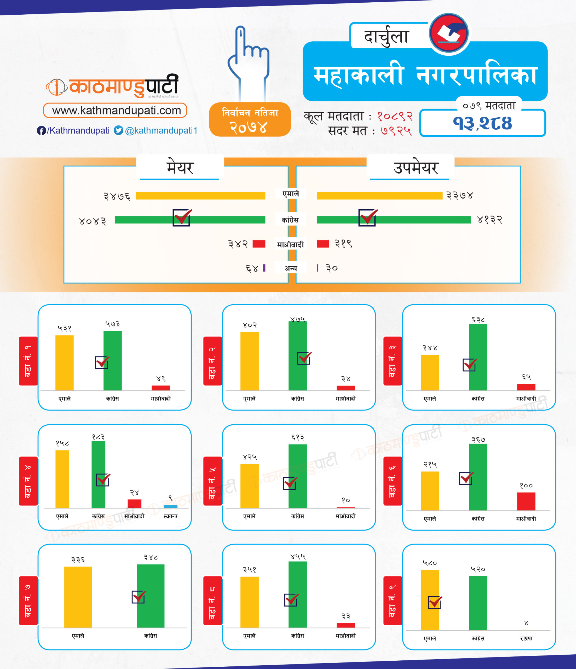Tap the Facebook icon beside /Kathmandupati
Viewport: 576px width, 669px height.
[x=41, y=130]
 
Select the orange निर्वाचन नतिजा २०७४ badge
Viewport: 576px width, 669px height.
[x=250, y=119]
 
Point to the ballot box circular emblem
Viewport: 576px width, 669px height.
[x=449, y=33]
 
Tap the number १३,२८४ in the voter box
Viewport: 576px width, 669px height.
[x=482, y=123]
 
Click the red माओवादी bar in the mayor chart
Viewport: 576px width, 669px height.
[x=259, y=244]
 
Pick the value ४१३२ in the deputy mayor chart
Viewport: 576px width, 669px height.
[x=489, y=220]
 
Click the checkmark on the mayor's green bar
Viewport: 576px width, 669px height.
[x=182, y=217]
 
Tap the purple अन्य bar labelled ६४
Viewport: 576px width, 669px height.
[x=264, y=268]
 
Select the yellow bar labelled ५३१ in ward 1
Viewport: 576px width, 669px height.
[x=65, y=363]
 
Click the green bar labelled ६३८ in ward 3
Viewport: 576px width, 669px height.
[x=478, y=357]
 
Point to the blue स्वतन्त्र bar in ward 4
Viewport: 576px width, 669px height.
[x=170, y=506]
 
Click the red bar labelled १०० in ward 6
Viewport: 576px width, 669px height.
[x=526, y=501]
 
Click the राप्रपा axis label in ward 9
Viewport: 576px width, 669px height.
[x=526, y=638]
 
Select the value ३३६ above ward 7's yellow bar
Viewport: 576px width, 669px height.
[x=78, y=560]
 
